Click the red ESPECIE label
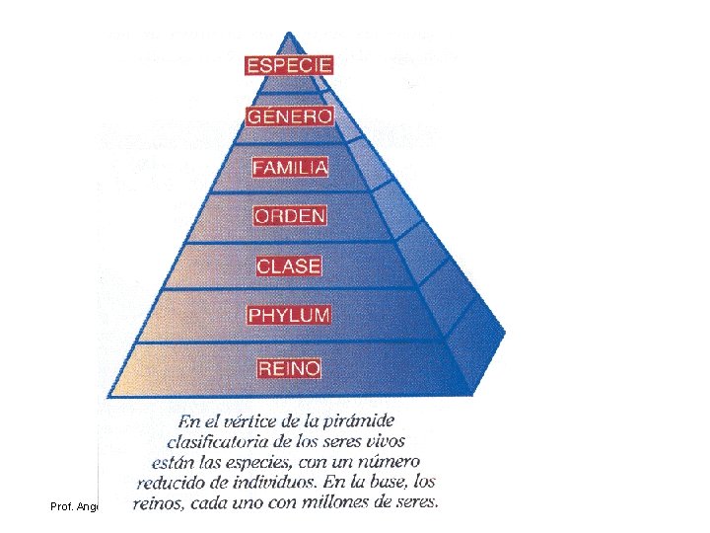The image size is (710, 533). (289, 66)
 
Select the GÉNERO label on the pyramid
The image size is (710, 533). (289, 116)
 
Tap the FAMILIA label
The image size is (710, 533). (289, 167)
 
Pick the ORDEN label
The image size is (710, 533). (289, 215)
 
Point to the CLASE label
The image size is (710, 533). (289, 266)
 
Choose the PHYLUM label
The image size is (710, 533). (289, 316)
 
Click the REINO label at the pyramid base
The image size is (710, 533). (289, 368)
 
